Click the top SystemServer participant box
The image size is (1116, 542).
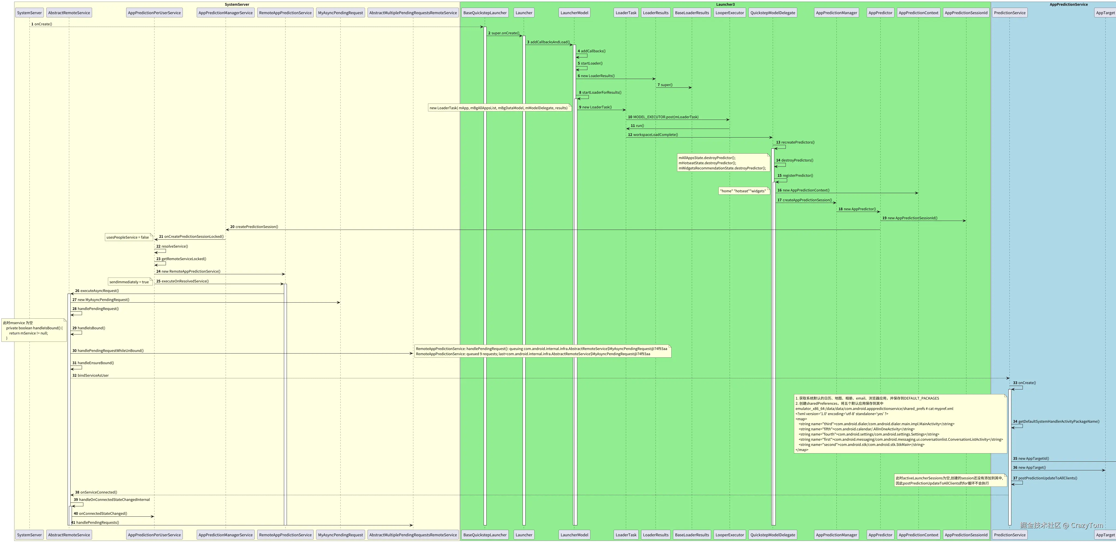click(x=29, y=13)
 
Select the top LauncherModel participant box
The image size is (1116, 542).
click(x=574, y=13)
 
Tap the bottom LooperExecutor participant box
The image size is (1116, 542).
click(x=730, y=535)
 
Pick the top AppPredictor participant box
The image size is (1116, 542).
click(x=880, y=13)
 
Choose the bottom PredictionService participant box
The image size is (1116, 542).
click(x=1009, y=535)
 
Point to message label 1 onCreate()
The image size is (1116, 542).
click(x=42, y=24)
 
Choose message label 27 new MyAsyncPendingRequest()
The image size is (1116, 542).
click(x=101, y=300)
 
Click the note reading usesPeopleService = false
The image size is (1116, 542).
click(x=128, y=237)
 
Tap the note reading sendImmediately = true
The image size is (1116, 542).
click(x=129, y=282)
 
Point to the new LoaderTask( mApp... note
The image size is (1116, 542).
click(x=499, y=108)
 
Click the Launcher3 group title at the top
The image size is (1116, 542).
click(x=725, y=4)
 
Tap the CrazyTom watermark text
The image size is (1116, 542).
click(x=1062, y=525)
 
